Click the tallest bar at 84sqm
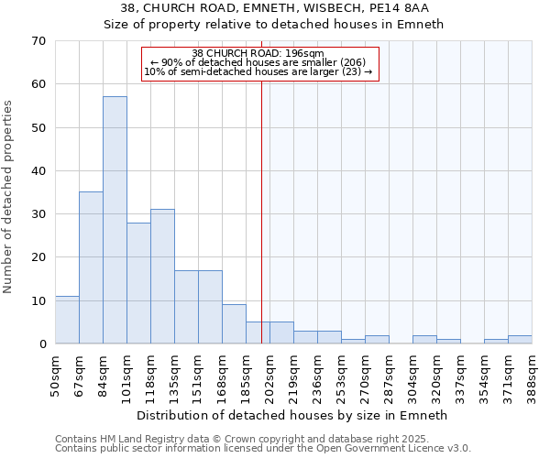(115, 220)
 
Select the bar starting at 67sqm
(91, 267)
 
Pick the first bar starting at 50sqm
(67, 320)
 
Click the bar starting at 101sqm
(138, 282)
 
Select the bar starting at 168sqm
(234, 324)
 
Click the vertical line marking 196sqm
(262, 211)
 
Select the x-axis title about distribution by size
(291, 415)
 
